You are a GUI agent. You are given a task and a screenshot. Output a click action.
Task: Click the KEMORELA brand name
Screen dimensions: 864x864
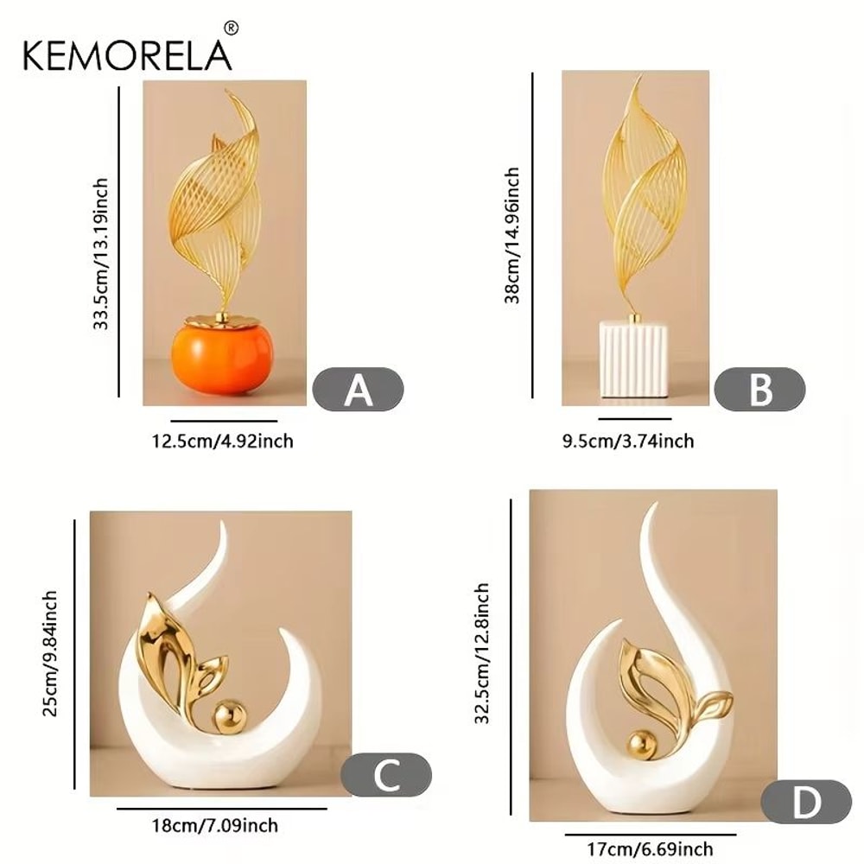pos(127,54)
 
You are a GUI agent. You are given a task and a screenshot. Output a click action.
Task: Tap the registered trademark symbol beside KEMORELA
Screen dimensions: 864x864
pos(232,29)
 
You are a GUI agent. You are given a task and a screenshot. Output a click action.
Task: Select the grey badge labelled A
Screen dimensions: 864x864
pos(359,389)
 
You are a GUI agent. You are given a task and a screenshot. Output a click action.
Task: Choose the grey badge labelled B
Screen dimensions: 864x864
pos(759,389)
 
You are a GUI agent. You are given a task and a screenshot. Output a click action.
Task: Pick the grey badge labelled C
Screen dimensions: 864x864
pos(386,775)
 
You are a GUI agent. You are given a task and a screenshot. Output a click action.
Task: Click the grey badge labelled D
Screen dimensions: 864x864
pos(806,802)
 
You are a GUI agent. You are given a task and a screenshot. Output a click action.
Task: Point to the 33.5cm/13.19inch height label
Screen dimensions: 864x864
pos(101,253)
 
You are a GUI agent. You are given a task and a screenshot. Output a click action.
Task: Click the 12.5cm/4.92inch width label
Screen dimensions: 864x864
pos(223,442)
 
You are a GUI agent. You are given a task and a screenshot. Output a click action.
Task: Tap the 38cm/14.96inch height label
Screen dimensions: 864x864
pos(511,235)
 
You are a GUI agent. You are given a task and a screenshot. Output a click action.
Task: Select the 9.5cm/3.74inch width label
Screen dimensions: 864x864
pos(628,441)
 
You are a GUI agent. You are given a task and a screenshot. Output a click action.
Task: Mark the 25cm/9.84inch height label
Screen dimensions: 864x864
pos(49,653)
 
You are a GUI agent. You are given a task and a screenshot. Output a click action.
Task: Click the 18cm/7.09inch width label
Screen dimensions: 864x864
pos(215,825)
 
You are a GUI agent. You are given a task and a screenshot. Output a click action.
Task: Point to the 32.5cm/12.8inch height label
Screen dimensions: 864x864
pos(481,653)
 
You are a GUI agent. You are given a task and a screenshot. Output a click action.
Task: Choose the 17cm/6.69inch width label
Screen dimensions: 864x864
pos(650,849)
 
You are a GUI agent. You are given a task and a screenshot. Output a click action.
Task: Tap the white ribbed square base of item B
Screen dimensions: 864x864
pos(633,359)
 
